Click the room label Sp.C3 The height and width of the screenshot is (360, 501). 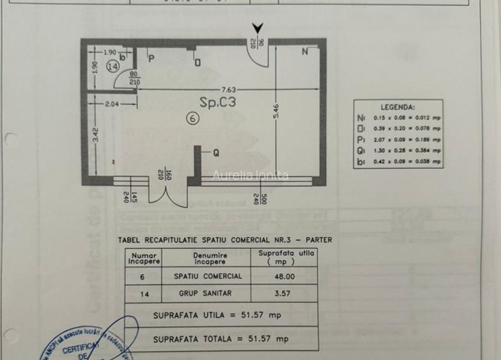[x=223, y=102]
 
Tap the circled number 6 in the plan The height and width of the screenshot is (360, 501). [x=192, y=118]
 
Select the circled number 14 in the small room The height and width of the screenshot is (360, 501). [x=113, y=67]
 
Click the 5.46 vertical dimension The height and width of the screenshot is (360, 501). [x=276, y=116]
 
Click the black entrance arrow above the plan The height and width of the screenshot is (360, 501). [x=258, y=29]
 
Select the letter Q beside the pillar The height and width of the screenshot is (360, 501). [x=216, y=153]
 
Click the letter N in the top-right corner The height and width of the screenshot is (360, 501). [x=305, y=52]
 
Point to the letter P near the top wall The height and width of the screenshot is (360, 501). [x=151, y=59]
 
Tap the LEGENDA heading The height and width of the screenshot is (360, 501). [x=397, y=107]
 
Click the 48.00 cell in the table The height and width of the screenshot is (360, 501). [x=284, y=277]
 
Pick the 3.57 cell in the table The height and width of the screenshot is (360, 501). [x=284, y=294]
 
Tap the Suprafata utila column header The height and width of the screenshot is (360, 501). [x=283, y=257]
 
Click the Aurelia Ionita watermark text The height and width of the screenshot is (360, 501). [x=250, y=175]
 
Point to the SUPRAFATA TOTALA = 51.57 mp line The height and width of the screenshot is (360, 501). [x=220, y=339]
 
